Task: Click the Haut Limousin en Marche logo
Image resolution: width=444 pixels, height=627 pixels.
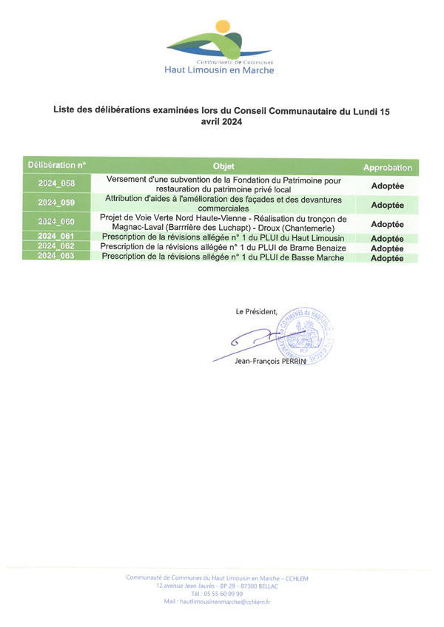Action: coord(220,48)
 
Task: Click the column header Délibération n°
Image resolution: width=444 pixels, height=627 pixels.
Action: coord(57,165)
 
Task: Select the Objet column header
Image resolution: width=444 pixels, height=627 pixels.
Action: coord(223,166)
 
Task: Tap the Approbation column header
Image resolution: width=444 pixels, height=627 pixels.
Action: coord(387,168)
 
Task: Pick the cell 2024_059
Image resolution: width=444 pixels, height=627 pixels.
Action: coord(57,202)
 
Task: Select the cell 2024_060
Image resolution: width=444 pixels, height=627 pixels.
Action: coord(57,221)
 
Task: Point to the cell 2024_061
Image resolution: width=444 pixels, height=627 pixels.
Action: coord(57,237)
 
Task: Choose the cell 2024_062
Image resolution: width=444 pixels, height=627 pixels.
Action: coord(57,246)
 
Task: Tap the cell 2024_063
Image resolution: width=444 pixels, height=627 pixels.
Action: coord(57,256)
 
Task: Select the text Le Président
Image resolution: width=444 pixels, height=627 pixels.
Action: coord(256,311)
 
